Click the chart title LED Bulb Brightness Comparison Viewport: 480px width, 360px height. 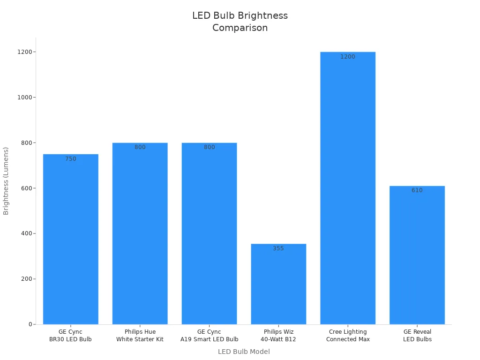click(240, 22)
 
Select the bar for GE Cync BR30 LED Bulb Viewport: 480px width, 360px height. click(71, 239)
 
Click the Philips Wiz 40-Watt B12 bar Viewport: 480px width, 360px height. click(278, 284)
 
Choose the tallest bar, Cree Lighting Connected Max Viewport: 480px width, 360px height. click(348, 188)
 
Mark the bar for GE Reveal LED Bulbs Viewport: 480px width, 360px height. click(417, 255)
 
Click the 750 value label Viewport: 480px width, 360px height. click(71, 159)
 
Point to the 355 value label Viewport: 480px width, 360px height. click(278, 248)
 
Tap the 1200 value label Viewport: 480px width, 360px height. click(348, 57)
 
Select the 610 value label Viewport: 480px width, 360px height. click(417, 190)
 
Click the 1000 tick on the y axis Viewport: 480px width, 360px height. click(24, 97)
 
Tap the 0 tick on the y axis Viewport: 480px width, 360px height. click(30, 324)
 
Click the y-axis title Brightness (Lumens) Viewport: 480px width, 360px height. click(6, 181)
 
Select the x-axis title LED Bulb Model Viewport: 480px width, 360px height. click(244, 352)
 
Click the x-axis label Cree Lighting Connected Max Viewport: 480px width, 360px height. click(348, 336)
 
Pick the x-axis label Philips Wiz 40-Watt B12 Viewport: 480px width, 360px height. click(278, 336)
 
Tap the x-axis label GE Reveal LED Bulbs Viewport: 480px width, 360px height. click(417, 336)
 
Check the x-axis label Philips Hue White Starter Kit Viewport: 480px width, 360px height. click(140, 336)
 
